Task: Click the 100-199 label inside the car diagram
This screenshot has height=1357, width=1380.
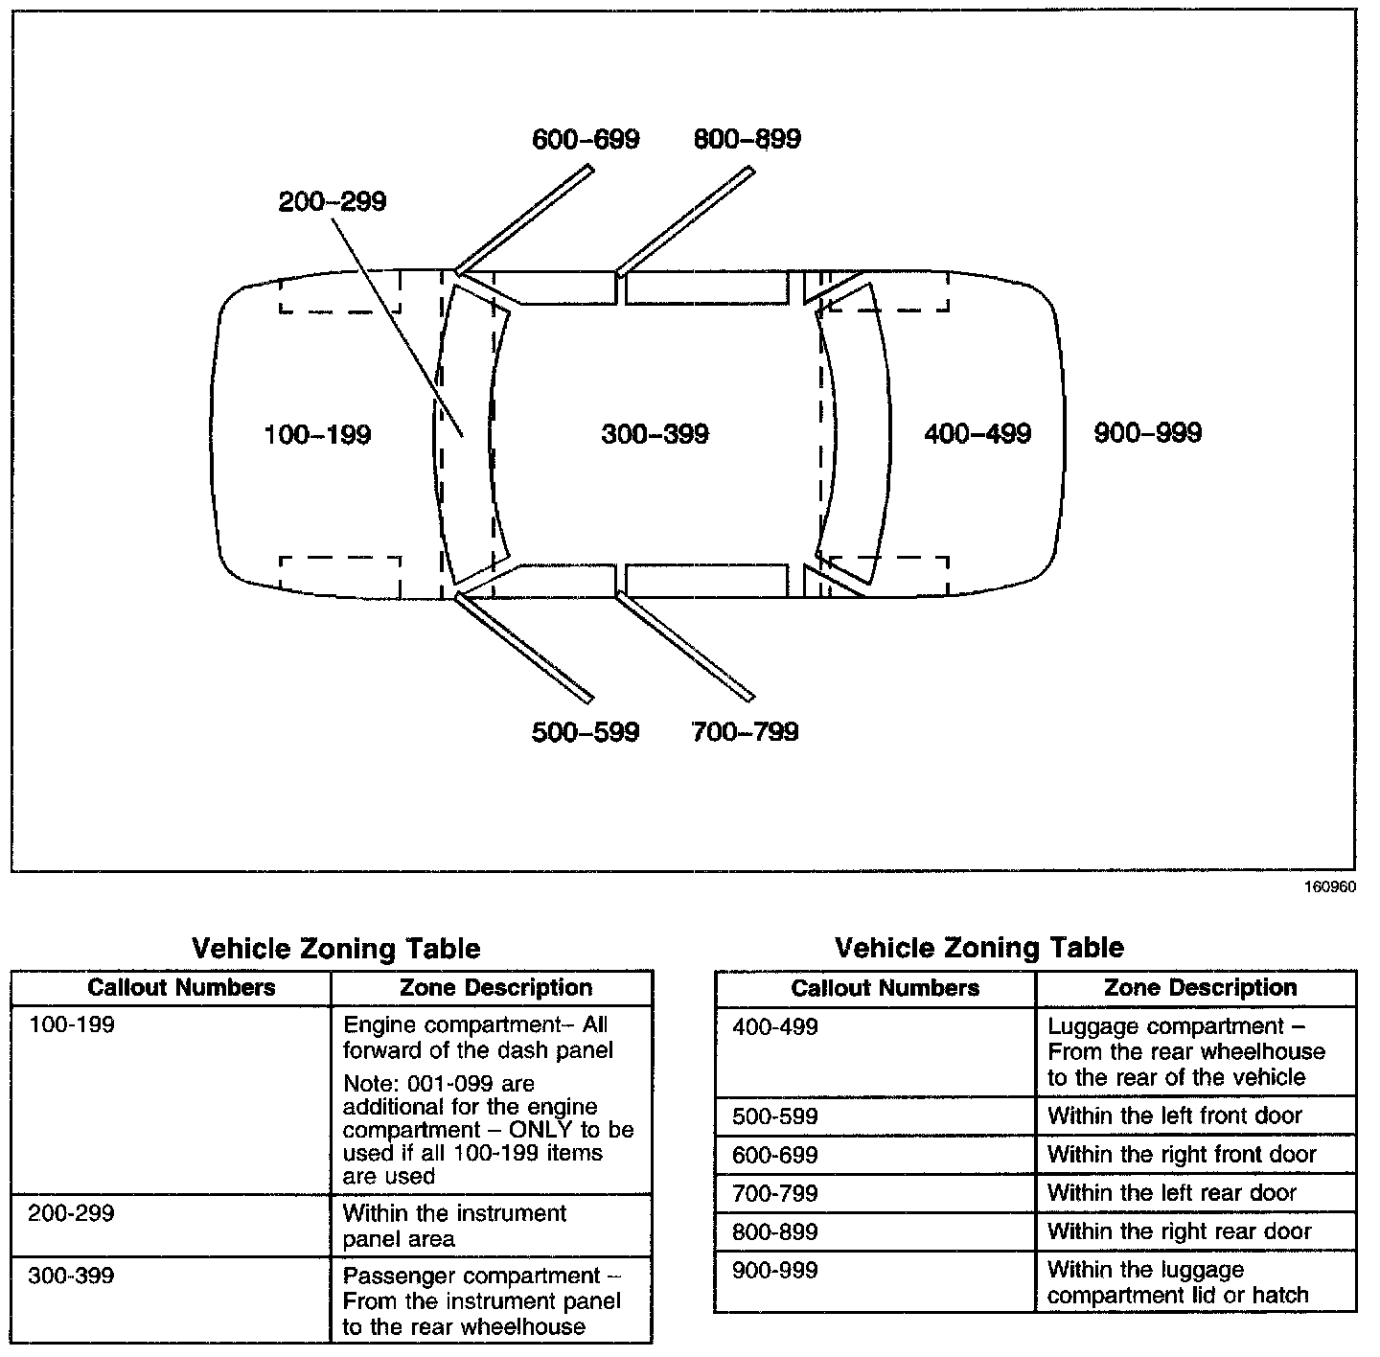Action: click(x=317, y=435)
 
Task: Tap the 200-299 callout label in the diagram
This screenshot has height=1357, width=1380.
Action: click(x=332, y=202)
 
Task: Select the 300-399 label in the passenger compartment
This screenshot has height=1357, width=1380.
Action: click(x=655, y=434)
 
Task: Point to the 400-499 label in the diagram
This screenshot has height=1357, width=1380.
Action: click(x=977, y=434)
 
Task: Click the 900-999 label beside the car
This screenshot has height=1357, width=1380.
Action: click(x=1147, y=433)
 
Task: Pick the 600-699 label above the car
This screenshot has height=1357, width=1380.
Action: click(x=586, y=139)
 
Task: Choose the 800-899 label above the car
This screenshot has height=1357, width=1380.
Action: click(x=747, y=139)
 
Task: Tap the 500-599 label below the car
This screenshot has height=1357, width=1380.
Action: click(x=585, y=732)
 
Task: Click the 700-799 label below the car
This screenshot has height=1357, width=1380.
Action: click(x=745, y=732)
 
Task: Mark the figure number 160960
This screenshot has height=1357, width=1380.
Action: click(x=1329, y=887)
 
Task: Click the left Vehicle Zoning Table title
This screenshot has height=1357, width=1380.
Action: click(x=336, y=949)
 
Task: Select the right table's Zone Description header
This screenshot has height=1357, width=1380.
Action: click(x=1200, y=988)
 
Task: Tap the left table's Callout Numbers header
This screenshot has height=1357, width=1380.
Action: click(x=181, y=988)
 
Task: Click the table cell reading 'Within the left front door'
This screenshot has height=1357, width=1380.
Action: click(x=1175, y=1115)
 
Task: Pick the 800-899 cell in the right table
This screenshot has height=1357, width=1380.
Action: click(x=774, y=1232)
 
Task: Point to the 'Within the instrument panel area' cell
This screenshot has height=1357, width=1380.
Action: click(x=454, y=1226)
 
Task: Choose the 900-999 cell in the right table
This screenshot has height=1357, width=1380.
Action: click(x=774, y=1271)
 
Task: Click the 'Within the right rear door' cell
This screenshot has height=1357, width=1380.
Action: click(x=1179, y=1231)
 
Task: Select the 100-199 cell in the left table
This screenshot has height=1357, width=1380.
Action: click(x=71, y=1025)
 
